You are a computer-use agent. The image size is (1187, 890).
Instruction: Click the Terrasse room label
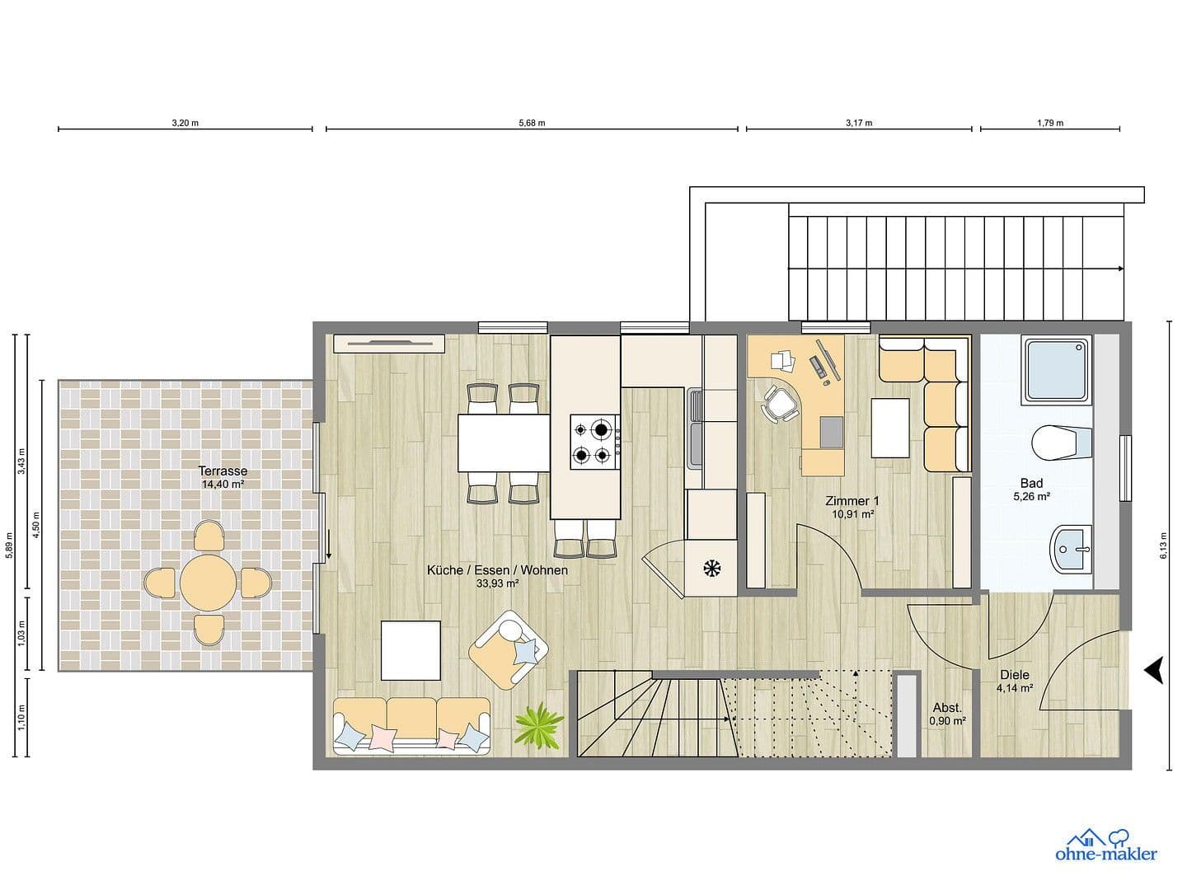click(223, 471)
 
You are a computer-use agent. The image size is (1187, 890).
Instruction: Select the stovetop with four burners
click(595, 441)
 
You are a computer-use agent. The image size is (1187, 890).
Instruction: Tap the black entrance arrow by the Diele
click(1154, 670)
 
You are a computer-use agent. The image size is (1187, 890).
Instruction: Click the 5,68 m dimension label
click(532, 123)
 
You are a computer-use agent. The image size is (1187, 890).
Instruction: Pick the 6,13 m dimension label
click(1163, 546)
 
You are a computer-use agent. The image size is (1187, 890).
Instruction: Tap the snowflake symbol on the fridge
click(710, 567)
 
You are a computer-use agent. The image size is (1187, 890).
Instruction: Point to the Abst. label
click(947, 707)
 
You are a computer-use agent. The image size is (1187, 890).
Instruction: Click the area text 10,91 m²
click(852, 513)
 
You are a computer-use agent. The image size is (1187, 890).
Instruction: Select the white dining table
click(504, 442)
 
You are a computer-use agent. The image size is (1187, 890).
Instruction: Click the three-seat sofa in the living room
click(411, 726)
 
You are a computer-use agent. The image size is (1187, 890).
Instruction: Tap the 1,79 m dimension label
click(1049, 123)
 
